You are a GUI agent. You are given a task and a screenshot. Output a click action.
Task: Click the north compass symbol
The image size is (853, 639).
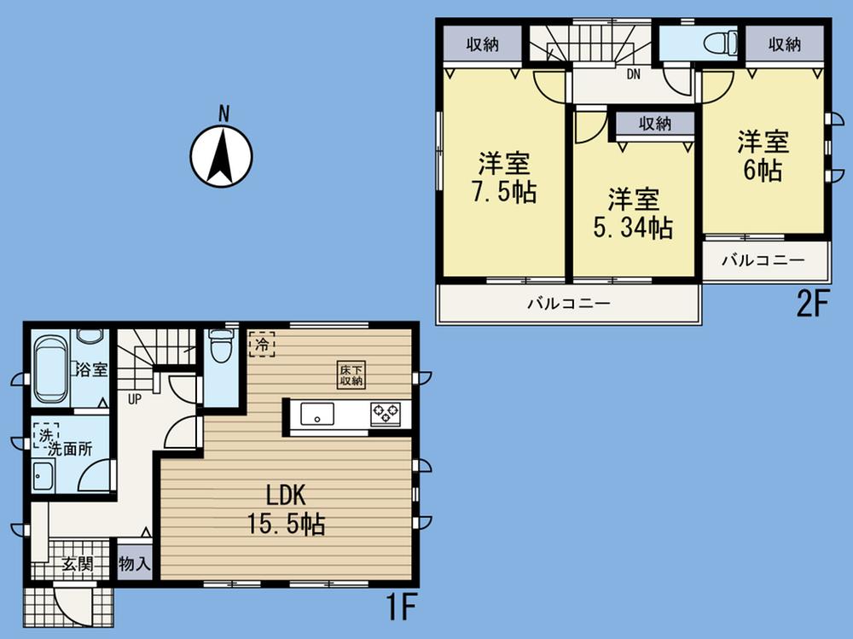pos(221,154)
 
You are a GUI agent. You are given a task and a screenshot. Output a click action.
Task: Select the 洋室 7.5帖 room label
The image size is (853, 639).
pos(505,177)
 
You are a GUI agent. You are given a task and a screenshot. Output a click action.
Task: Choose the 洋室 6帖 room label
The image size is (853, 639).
pos(763,155)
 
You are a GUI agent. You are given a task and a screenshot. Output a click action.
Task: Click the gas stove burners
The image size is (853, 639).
pos(384,415)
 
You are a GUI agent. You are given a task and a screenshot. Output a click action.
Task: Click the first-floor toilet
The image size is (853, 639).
pos(221,348)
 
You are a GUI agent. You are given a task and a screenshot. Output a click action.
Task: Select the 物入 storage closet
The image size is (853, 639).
pos(135,564)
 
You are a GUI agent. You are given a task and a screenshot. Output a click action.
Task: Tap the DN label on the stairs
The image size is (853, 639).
pos(633,74)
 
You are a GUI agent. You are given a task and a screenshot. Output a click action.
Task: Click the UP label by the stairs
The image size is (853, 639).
pos(135,398)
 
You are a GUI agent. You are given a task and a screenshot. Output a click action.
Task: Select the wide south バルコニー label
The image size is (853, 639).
pos(567,304)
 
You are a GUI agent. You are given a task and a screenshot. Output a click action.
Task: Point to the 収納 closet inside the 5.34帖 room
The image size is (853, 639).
pos(654,124)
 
